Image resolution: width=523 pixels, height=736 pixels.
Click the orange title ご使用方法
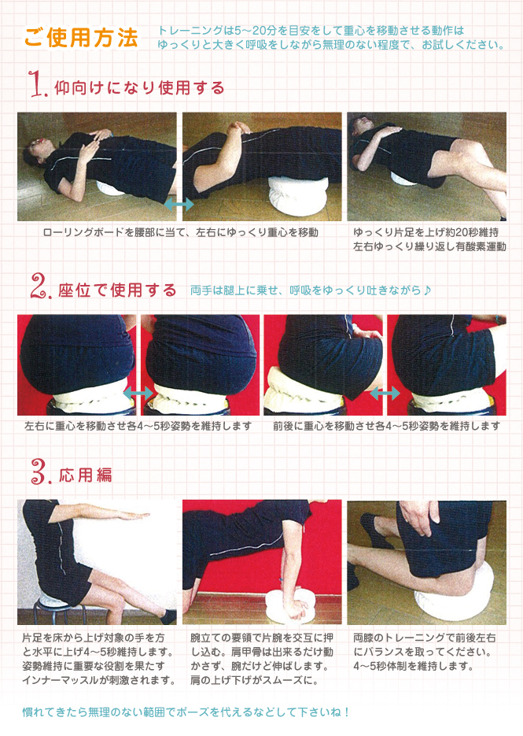[81, 38]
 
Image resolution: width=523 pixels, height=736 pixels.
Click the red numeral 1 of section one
[38, 84]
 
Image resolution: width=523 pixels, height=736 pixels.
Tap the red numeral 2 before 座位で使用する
[39, 287]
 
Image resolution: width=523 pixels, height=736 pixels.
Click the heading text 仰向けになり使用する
[139, 88]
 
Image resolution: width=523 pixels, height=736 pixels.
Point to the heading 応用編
[86, 475]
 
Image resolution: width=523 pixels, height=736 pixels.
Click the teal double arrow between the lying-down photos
[179, 204]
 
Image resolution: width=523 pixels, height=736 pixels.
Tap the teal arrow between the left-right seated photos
[138, 394]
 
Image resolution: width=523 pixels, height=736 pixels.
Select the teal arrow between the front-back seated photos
[385, 394]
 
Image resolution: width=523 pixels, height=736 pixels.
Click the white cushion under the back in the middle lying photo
[296, 194]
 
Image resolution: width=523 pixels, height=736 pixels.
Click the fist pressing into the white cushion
[295, 607]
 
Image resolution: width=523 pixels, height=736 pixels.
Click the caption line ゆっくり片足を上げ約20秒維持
[426, 232]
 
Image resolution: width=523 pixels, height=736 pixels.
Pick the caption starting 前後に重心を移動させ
[386, 426]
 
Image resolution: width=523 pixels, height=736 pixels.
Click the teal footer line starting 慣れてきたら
[186, 712]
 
